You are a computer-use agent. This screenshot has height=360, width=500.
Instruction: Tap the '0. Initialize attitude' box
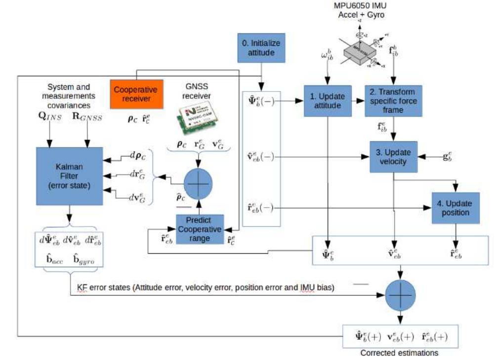click(x=258, y=47)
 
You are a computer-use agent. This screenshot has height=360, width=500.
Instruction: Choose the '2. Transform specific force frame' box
click(x=393, y=100)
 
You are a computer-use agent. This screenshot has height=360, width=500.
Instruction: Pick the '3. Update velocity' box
click(x=393, y=157)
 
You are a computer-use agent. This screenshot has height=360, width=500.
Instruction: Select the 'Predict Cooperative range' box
click(x=199, y=228)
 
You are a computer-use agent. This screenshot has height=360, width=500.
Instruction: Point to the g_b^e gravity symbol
click(x=448, y=157)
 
